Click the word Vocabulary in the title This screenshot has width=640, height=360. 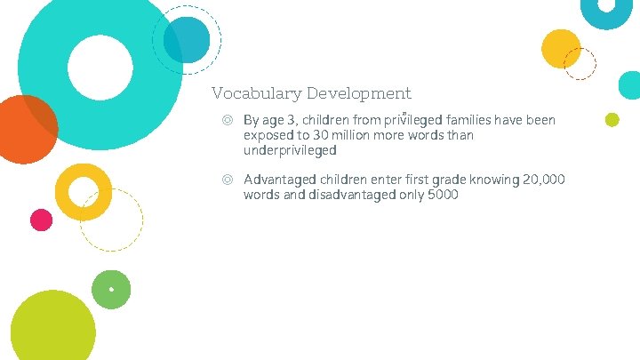(254, 93)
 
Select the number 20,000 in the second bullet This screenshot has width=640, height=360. (544, 180)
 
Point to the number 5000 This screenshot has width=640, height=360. (442, 195)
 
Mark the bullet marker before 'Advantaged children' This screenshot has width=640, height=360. (228, 180)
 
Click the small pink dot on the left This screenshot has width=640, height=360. (41, 219)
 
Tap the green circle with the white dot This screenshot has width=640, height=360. (111, 289)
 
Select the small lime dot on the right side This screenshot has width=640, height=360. (612, 120)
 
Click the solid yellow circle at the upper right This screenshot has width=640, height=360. (561, 48)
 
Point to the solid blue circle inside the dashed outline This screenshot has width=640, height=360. (188, 39)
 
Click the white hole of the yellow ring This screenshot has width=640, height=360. (83, 191)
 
